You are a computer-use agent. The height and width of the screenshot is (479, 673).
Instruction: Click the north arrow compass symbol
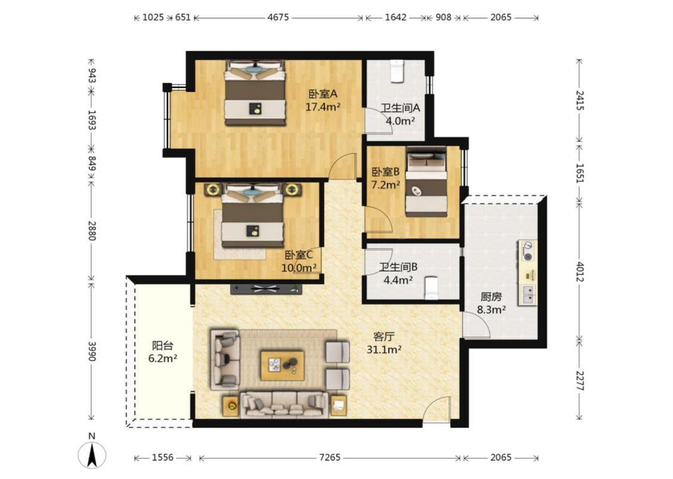pyautogui.click(x=92, y=455)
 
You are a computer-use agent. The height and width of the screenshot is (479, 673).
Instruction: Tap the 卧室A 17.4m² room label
pyautogui.click(x=323, y=100)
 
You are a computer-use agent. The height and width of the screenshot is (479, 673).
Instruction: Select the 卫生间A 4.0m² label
pyautogui.click(x=400, y=114)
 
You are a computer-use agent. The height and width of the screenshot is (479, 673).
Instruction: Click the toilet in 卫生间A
pyautogui.click(x=397, y=71)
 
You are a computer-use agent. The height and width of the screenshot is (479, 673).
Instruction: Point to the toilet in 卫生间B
pyautogui.click(x=431, y=288)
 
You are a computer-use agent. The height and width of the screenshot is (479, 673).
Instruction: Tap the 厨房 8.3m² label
pyautogui.click(x=491, y=303)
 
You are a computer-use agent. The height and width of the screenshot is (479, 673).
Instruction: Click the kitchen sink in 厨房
pyautogui.click(x=528, y=294)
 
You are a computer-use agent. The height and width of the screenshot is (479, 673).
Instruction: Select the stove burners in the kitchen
pyautogui.click(x=528, y=251)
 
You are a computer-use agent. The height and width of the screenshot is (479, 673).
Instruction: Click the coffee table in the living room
pyautogui.click(x=282, y=366)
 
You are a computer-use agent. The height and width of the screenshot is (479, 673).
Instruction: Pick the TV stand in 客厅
pyautogui.click(x=266, y=289)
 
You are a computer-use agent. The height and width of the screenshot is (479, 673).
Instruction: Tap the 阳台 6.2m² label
pyautogui.click(x=163, y=352)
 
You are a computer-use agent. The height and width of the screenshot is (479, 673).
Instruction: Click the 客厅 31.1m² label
pyautogui.click(x=383, y=343)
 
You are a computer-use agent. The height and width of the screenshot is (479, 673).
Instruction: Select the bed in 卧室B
pyautogui.click(x=426, y=182)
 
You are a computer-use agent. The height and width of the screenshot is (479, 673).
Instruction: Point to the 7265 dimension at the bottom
pyautogui.click(x=330, y=457)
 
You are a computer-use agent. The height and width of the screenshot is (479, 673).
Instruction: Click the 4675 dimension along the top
pyautogui.click(x=278, y=17)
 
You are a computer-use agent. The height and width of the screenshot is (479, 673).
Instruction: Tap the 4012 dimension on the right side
pyautogui.click(x=580, y=272)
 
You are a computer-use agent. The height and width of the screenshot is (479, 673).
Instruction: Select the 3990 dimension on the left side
pyautogui.click(x=92, y=351)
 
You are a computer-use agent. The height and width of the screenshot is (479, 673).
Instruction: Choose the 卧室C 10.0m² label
pyautogui.click(x=299, y=262)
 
